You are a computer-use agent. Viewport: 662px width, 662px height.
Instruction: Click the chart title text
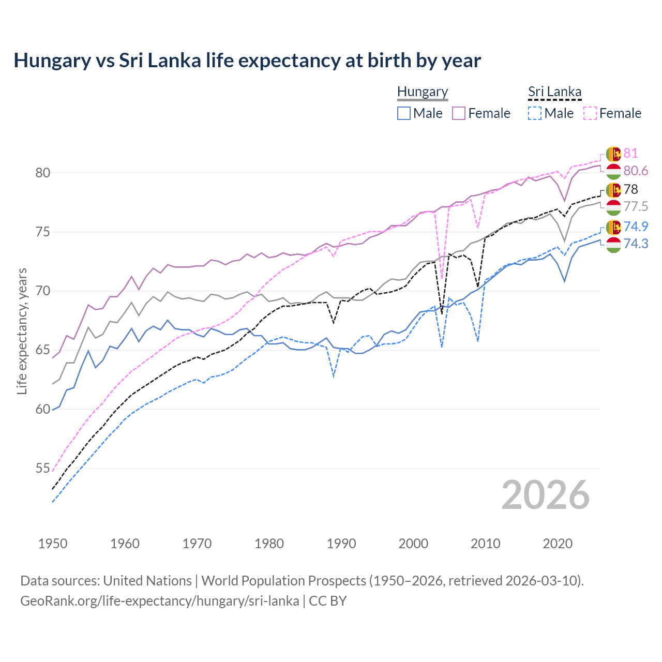point(247,61)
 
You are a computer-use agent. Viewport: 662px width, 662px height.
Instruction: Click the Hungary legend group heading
point(423,92)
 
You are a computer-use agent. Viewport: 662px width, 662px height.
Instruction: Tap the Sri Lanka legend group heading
point(554,92)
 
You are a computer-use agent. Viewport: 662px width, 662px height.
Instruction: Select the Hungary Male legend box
point(404,113)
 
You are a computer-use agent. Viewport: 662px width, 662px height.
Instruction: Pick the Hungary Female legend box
point(459,113)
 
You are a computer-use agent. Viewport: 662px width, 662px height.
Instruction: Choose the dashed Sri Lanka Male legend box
point(535,113)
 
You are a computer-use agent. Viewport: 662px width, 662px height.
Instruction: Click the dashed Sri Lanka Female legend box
point(590,113)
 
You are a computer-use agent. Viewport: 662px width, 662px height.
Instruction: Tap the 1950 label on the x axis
point(53,544)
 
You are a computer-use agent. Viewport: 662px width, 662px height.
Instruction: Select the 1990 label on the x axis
point(341,544)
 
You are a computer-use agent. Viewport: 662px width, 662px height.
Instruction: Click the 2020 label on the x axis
point(558,544)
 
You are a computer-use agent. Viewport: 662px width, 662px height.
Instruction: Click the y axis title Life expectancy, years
point(22,331)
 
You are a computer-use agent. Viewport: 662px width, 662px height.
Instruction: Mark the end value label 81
point(630,154)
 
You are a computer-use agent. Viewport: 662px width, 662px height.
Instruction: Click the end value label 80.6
point(636,171)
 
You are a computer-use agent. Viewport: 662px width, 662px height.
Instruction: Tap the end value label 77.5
point(636,207)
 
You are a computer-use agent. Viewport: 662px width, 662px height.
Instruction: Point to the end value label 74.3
point(636,244)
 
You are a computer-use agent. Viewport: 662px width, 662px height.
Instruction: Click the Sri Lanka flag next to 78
point(613,190)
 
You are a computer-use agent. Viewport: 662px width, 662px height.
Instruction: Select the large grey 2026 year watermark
point(546,495)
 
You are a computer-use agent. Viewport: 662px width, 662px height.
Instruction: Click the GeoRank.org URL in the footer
point(159,601)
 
